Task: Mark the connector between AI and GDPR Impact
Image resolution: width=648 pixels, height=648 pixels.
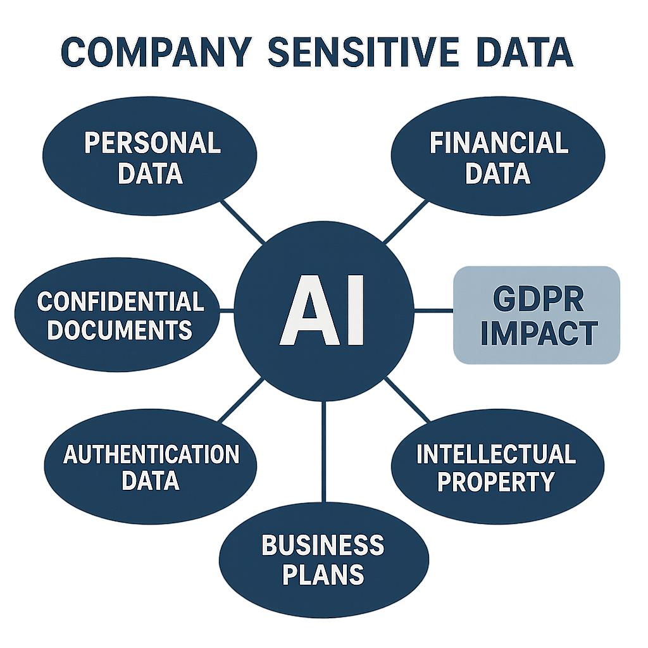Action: point(433,311)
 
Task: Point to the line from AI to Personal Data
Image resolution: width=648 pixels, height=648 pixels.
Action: point(242,221)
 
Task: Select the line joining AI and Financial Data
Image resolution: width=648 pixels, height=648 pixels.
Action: point(406,222)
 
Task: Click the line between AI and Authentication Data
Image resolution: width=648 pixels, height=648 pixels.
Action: point(240,401)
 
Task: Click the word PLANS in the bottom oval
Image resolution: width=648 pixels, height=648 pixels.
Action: point(323,574)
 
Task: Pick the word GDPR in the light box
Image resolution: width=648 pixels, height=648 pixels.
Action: point(539,299)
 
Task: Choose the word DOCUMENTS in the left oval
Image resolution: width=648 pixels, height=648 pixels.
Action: point(120,330)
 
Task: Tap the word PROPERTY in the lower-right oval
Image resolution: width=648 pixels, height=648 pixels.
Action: point(497,482)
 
